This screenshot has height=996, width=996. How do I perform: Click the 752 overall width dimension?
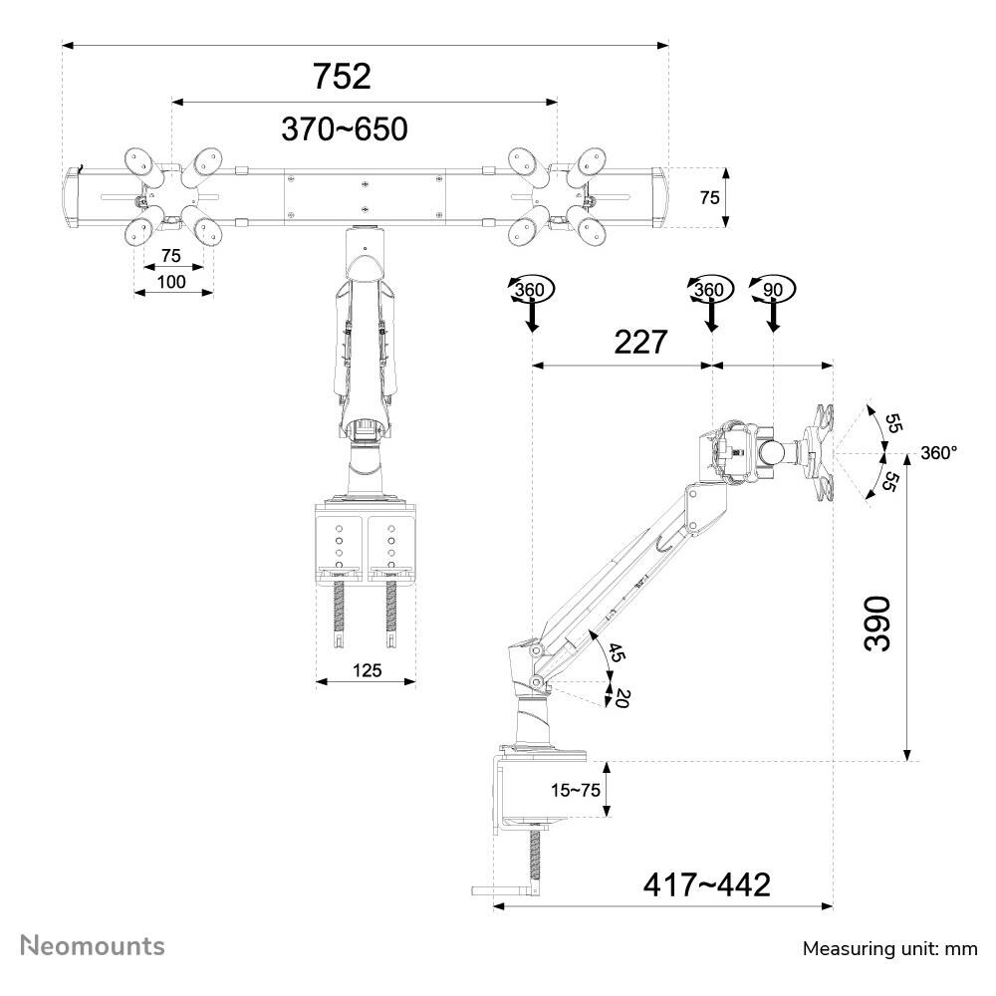click(x=342, y=77)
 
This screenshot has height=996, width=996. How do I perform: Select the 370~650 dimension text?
click(x=345, y=128)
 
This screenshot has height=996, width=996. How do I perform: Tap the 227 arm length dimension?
click(x=640, y=343)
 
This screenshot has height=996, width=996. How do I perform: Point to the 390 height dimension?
click(x=877, y=623)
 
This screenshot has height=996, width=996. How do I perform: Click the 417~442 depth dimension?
click(x=707, y=884)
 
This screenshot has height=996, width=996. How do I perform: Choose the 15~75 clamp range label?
click(x=576, y=790)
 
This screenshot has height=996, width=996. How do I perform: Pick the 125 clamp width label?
click(x=368, y=670)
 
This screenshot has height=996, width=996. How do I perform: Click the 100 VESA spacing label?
click(x=171, y=282)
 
